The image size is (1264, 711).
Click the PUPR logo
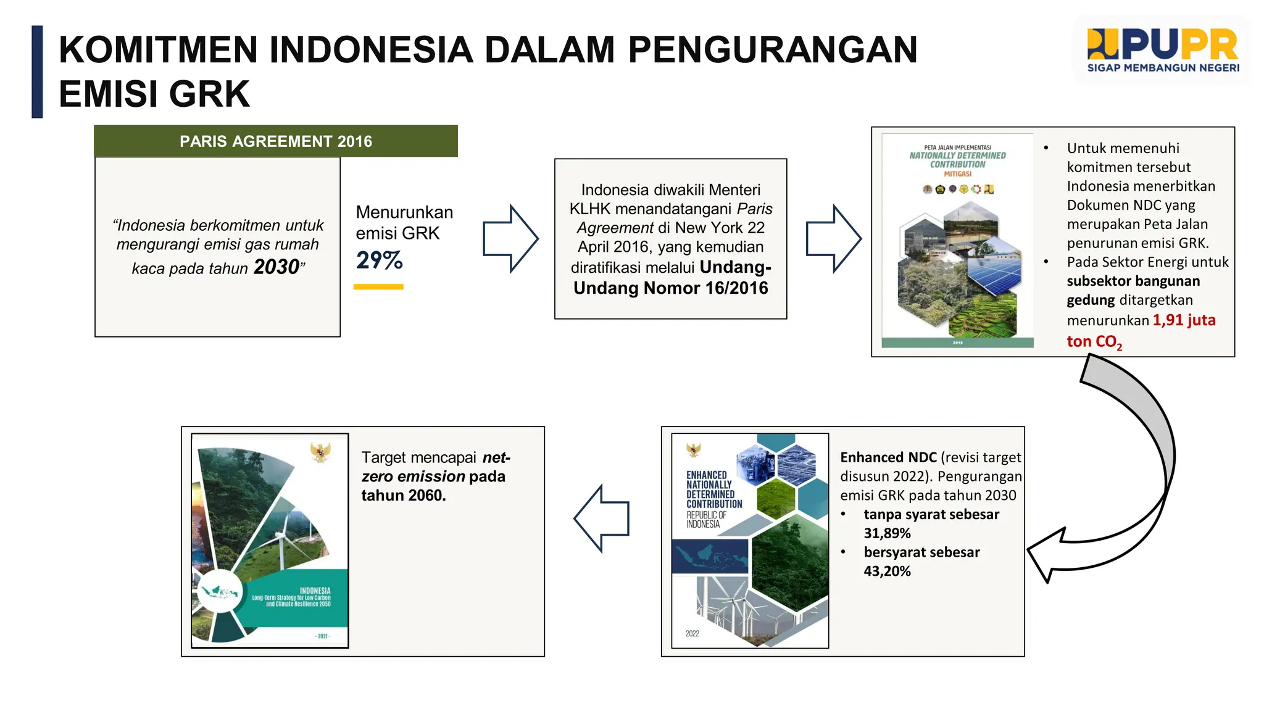pyautogui.click(x=1163, y=50)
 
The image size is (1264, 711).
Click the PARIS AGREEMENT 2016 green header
pyautogui.click(x=276, y=141)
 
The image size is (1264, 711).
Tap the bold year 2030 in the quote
pyautogui.click(x=276, y=267)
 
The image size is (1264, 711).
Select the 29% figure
pyautogui.click(x=379, y=260)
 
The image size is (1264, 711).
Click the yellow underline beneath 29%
pyautogui.click(x=378, y=287)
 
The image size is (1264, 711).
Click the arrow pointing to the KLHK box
pyautogui.click(x=510, y=238)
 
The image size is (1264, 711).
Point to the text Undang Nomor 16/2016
pyautogui.click(x=671, y=288)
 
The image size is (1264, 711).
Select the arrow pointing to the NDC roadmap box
pyautogui.click(x=834, y=238)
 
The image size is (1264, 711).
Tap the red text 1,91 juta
pyautogui.click(x=1184, y=320)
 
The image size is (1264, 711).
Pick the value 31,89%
pyautogui.click(x=887, y=533)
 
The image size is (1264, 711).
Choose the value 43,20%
pyautogui.click(x=887, y=572)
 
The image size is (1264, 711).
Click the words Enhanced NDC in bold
pyautogui.click(x=888, y=457)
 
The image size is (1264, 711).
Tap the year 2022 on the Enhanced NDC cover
pyautogui.click(x=692, y=634)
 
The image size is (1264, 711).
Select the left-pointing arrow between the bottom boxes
pyautogui.click(x=602, y=518)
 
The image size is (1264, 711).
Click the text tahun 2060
pyautogui.click(x=403, y=496)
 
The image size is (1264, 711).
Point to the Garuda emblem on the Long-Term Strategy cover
pyautogui.click(x=320, y=452)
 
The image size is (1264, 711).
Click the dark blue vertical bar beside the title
pyautogui.click(x=37, y=72)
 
